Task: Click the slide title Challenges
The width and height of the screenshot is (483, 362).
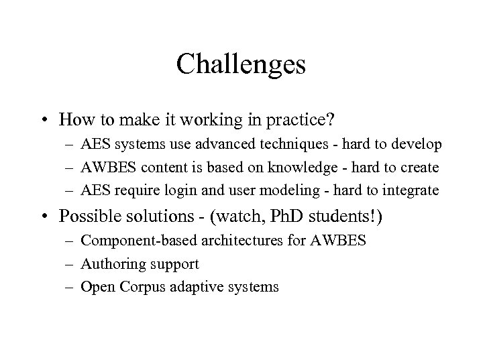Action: (241, 65)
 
